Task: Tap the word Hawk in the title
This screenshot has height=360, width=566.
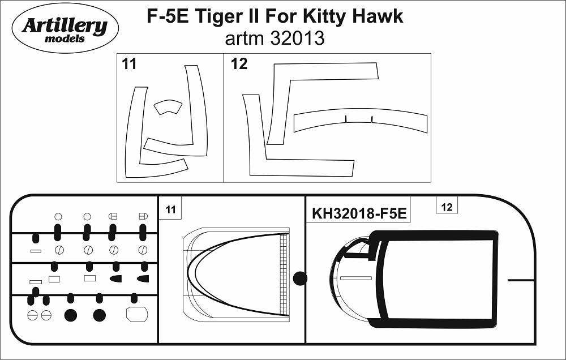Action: (380, 17)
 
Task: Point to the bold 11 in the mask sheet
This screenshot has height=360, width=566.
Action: (129, 65)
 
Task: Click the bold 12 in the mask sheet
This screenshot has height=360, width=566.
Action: (239, 65)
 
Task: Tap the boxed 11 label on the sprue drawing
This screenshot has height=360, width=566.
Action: (170, 210)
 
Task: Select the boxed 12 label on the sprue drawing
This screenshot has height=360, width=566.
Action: (447, 207)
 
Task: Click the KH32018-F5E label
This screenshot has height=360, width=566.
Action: (359, 215)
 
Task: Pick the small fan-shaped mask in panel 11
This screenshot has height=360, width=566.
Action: (168, 107)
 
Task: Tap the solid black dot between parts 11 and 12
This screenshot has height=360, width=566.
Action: (300, 278)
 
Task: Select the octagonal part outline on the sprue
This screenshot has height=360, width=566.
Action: (136, 314)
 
